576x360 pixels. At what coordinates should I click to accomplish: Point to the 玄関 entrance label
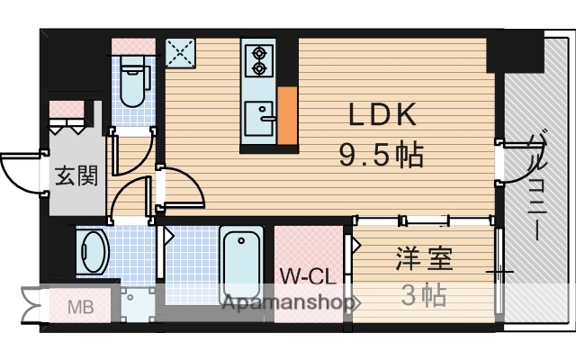tap(76, 175)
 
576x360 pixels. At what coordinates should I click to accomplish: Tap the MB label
tap(82, 308)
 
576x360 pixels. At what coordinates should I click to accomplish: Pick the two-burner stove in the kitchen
tap(259, 58)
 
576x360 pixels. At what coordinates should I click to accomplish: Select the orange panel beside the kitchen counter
tap(287, 116)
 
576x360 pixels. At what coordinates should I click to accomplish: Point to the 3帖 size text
tap(422, 295)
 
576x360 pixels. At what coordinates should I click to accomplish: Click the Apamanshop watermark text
tap(288, 303)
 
